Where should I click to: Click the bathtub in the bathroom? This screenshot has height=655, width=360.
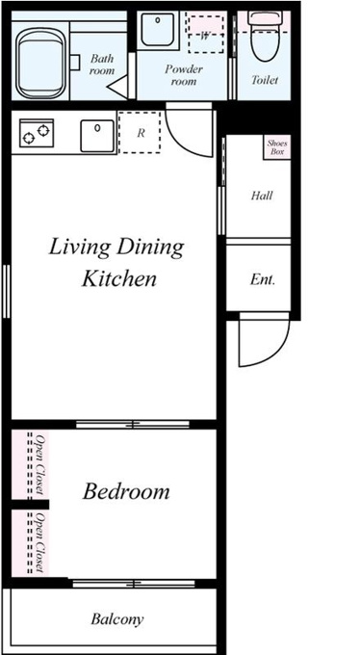(x=41, y=63)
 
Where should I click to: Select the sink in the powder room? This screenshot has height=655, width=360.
(x=158, y=29)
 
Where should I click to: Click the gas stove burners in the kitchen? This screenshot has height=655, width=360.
(x=37, y=133)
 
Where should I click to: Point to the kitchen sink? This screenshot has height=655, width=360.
(x=97, y=136)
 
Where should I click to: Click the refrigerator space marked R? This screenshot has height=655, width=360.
(x=140, y=132)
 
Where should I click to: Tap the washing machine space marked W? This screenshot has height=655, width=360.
(x=205, y=35)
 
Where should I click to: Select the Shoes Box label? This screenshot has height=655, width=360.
(x=277, y=147)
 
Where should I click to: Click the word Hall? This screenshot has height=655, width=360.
(x=262, y=196)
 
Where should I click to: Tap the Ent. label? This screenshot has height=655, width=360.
(x=263, y=279)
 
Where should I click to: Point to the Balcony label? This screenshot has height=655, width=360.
(x=117, y=619)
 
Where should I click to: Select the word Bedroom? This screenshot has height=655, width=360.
(x=126, y=491)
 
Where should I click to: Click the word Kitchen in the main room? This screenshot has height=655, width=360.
(x=119, y=278)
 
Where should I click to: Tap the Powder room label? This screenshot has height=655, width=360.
(x=183, y=74)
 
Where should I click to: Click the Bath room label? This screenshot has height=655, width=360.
(x=102, y=64)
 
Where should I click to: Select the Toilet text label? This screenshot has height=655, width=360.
(x=265, y=79)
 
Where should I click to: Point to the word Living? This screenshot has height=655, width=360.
(x=80, y=248)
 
